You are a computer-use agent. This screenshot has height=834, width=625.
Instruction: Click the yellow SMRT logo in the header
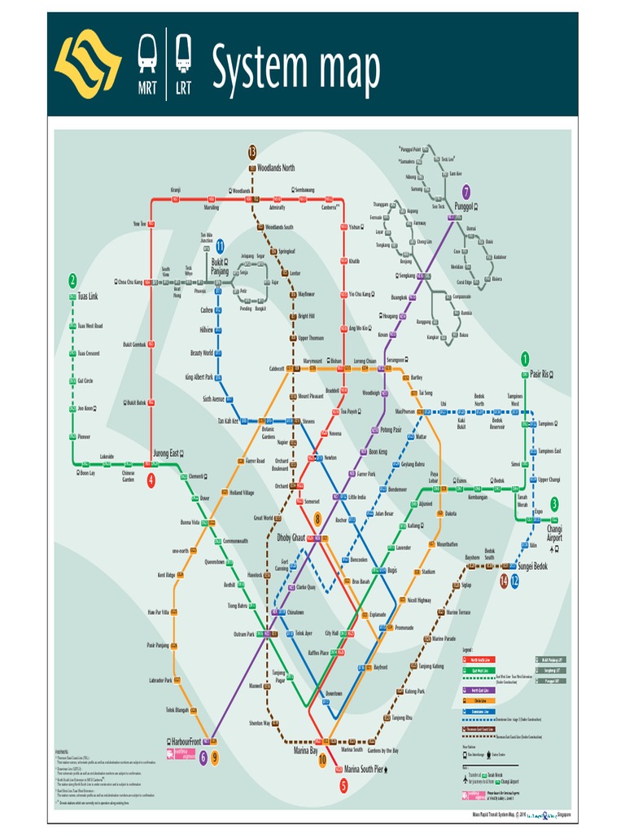(88, 64)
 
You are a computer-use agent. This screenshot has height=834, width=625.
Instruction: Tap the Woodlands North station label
(275, 168)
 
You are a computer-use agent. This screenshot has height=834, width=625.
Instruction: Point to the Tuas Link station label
(87, 296)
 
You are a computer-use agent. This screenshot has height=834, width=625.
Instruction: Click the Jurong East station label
(165, 453)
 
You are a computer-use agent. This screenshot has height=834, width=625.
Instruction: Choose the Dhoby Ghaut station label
(291, 538)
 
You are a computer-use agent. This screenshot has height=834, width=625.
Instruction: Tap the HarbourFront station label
(186, 742)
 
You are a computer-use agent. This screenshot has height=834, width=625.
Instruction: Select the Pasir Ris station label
(540, 374)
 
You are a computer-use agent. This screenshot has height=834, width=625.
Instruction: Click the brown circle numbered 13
(252, 151)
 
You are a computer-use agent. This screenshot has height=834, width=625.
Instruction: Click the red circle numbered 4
(151, 481)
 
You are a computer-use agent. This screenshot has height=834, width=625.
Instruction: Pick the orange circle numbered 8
(318, 518)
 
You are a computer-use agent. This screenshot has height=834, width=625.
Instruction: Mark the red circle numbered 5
(343, 785)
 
